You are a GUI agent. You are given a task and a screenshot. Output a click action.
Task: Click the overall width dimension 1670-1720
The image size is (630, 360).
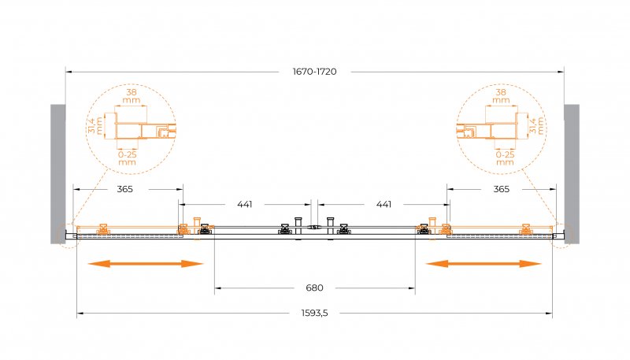click(314, 72)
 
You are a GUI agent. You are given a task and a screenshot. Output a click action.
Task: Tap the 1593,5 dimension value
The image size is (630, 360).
click(313, 314)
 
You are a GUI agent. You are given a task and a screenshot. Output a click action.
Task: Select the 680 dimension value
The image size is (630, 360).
click(315, 288)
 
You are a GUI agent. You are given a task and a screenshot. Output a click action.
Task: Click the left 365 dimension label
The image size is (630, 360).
click(125, 189)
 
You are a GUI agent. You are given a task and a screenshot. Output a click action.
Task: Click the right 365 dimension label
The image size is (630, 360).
click(501, 189)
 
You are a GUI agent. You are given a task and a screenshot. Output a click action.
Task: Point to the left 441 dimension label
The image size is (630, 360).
click(245, 204)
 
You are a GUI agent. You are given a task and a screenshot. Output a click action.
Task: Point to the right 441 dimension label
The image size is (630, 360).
click(384, 204)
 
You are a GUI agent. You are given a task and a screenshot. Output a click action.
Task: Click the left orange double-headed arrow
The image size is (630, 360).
click(146, 263)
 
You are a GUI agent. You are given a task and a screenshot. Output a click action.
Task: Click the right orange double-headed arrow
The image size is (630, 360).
click(483, 263)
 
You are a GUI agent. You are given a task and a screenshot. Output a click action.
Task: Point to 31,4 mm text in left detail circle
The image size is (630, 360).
click(94, 125)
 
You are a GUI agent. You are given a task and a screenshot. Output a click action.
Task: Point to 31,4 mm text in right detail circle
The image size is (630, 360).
click(535, 125)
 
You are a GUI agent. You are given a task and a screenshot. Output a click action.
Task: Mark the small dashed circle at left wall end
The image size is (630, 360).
click(66, 236)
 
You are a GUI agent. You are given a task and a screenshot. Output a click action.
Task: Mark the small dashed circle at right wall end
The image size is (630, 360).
click(563, 236)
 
